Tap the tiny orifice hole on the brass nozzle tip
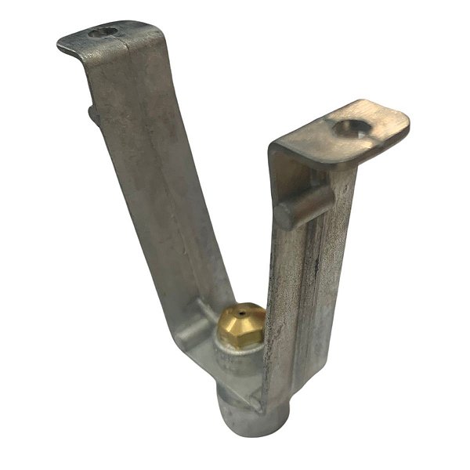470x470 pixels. (x=243, y=312)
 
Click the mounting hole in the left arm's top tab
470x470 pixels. (x=103, y=32)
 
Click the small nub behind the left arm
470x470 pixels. (x=93, y=114)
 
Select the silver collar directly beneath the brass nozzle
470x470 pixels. (x=236, y=356)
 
